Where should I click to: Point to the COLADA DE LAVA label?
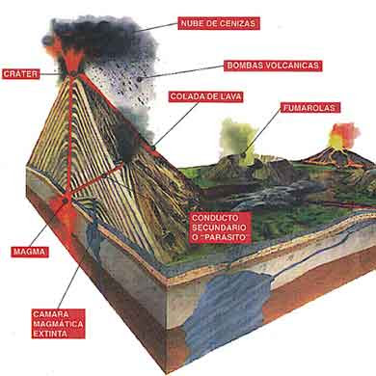click(x=203, y=96)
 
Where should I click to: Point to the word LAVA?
click(x=228, y=96)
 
